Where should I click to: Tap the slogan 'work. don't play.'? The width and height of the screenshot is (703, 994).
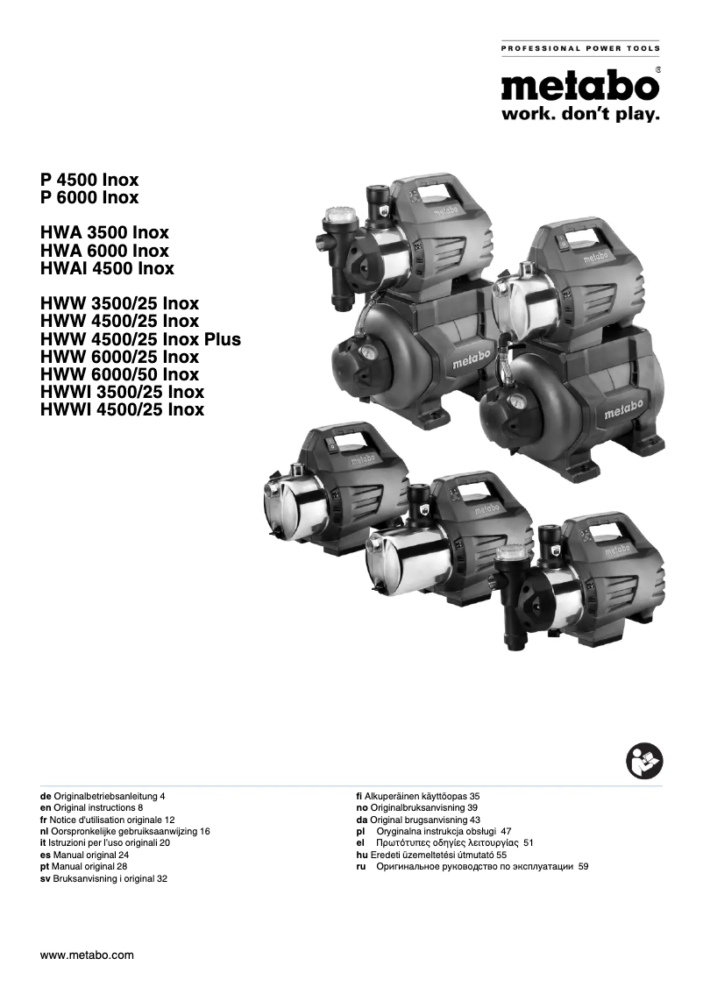point(579,115)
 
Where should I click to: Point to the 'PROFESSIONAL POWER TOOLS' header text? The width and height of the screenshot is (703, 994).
point(580,48)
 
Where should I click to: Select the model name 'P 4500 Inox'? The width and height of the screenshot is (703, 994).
point(89,180)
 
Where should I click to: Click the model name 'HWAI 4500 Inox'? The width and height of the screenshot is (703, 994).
point(107,268)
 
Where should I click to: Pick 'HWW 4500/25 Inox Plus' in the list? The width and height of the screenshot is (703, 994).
point(140,339)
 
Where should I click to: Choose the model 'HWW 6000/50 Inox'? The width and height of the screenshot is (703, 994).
point(119,374)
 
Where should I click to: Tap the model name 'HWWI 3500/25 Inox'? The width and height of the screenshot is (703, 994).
point(122,392)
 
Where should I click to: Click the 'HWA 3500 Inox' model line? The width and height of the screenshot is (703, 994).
point(104,233)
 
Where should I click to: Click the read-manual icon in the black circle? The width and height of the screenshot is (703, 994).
point(645,760)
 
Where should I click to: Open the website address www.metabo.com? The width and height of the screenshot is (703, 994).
point(87,955)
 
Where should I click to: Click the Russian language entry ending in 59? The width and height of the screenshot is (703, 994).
point(472,865)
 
